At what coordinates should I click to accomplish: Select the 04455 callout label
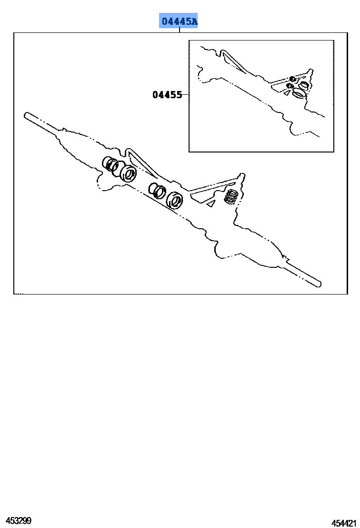(167, 95)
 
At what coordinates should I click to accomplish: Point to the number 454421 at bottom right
(343, 523)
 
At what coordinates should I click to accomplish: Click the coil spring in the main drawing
(231, 197)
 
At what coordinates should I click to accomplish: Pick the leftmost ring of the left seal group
(109, 163)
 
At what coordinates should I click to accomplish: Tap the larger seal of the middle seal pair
(175, 200)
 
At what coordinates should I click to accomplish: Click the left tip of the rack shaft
(25, 115)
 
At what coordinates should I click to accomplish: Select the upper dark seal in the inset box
(292, 79)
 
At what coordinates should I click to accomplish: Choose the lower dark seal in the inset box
(289, 86)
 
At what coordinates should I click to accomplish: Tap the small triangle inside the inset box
(287, 93)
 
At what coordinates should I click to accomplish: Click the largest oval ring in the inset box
(299, 93)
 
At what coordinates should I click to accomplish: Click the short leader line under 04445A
(180, 30)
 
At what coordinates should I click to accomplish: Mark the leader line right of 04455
(185, 95)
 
